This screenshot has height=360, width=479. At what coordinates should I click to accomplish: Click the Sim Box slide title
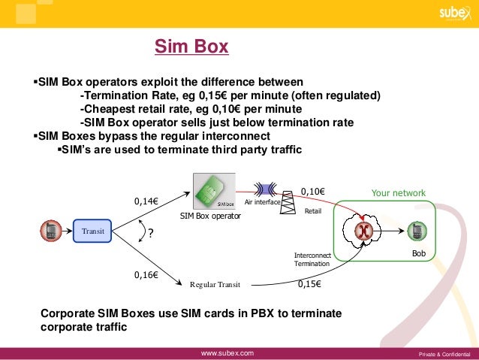[x=191, y=48]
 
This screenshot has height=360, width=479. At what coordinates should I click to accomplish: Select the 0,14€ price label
[x=146, y=201]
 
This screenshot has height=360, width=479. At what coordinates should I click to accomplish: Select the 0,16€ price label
[x=146, y=276]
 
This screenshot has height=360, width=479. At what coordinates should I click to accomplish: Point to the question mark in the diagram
[x=150, y=234]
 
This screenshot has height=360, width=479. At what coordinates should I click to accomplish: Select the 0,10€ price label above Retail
[x=312, y=192]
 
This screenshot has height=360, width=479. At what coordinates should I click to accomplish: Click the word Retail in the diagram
[x=312, y=212]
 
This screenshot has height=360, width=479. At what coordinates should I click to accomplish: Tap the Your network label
[x=398, y=193]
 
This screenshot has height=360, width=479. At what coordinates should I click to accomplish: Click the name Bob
[x=418, y=255]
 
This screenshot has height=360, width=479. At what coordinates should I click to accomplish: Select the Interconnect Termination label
[x=312, y=260]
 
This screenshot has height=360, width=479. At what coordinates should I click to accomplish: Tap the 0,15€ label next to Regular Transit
[x=310, y=284]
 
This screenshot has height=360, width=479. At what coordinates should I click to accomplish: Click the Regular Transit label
[x=215, y=285]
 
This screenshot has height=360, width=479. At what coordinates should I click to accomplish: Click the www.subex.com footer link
[x=227, y=352]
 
